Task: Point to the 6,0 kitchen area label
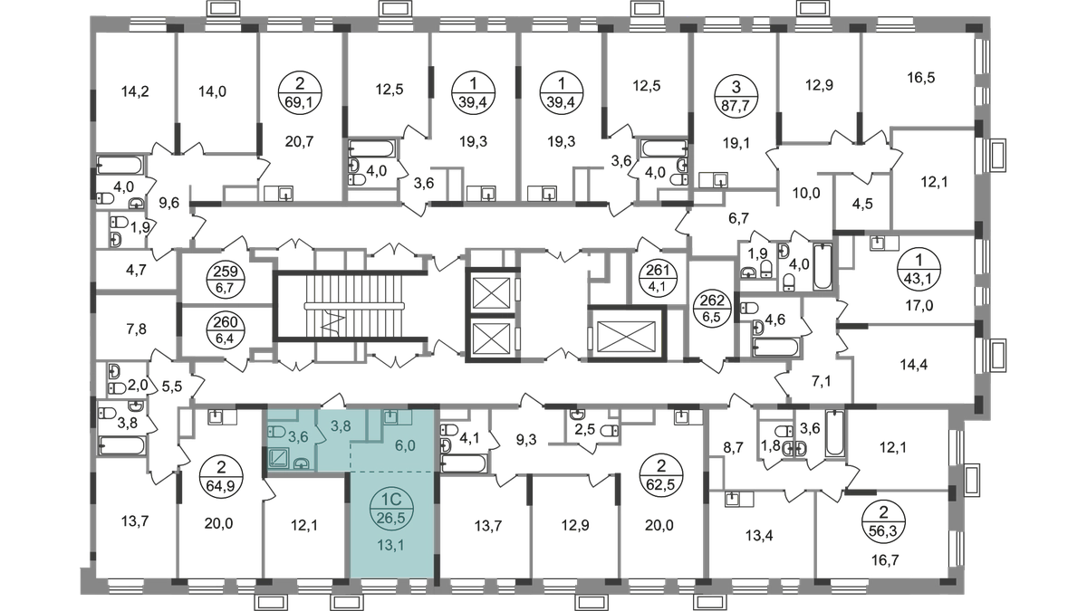pos(405,446)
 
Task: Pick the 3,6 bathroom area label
pos(299,438)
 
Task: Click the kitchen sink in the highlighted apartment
pos(391,416)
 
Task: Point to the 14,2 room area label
pos(135,90)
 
